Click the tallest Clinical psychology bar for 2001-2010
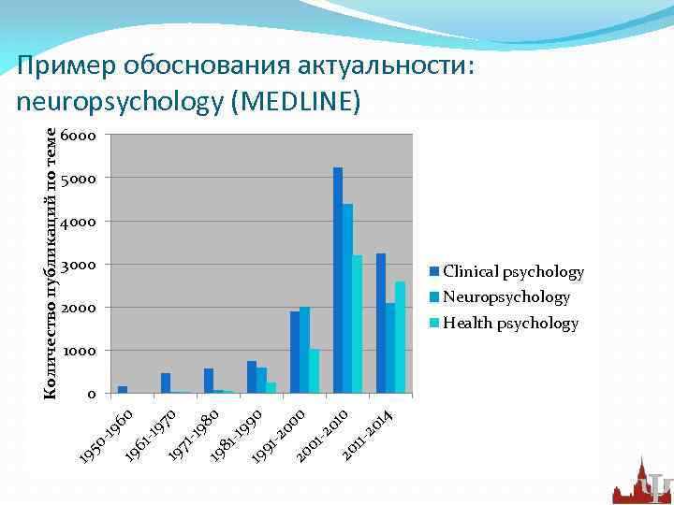point(338,281)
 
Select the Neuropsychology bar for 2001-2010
point(347,299)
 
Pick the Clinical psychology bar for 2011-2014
point(381,324)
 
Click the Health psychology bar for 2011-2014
point(400,337)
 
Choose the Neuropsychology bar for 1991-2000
point(304,351)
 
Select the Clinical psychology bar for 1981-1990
point(252,377)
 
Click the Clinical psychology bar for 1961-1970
point(166,383)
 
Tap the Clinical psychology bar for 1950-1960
point(123,389)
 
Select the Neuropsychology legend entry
point(505,297)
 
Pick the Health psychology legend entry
point(510,324)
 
